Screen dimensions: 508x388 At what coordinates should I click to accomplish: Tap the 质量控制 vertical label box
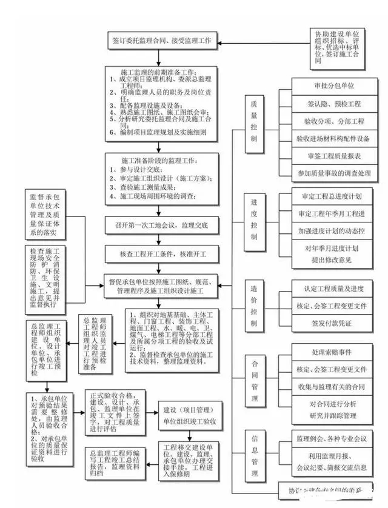tap(254, 121)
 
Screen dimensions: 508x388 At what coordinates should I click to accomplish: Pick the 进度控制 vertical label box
tap(254, 219)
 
